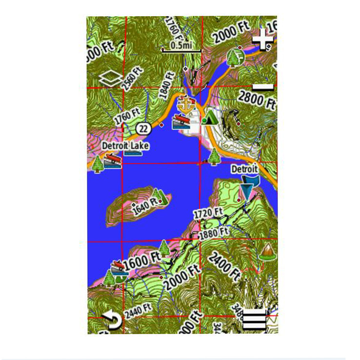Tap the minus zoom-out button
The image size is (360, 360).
point(263,87)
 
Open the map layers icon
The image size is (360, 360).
point(109,78)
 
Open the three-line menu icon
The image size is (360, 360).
point(254,320)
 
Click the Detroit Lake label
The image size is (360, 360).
point(125,145)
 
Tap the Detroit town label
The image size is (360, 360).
point(244,169)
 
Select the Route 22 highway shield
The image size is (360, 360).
point(143,128)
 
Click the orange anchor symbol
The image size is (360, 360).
point(186,103)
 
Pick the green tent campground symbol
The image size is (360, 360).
point(210,117)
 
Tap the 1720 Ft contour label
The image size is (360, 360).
point(208,214)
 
